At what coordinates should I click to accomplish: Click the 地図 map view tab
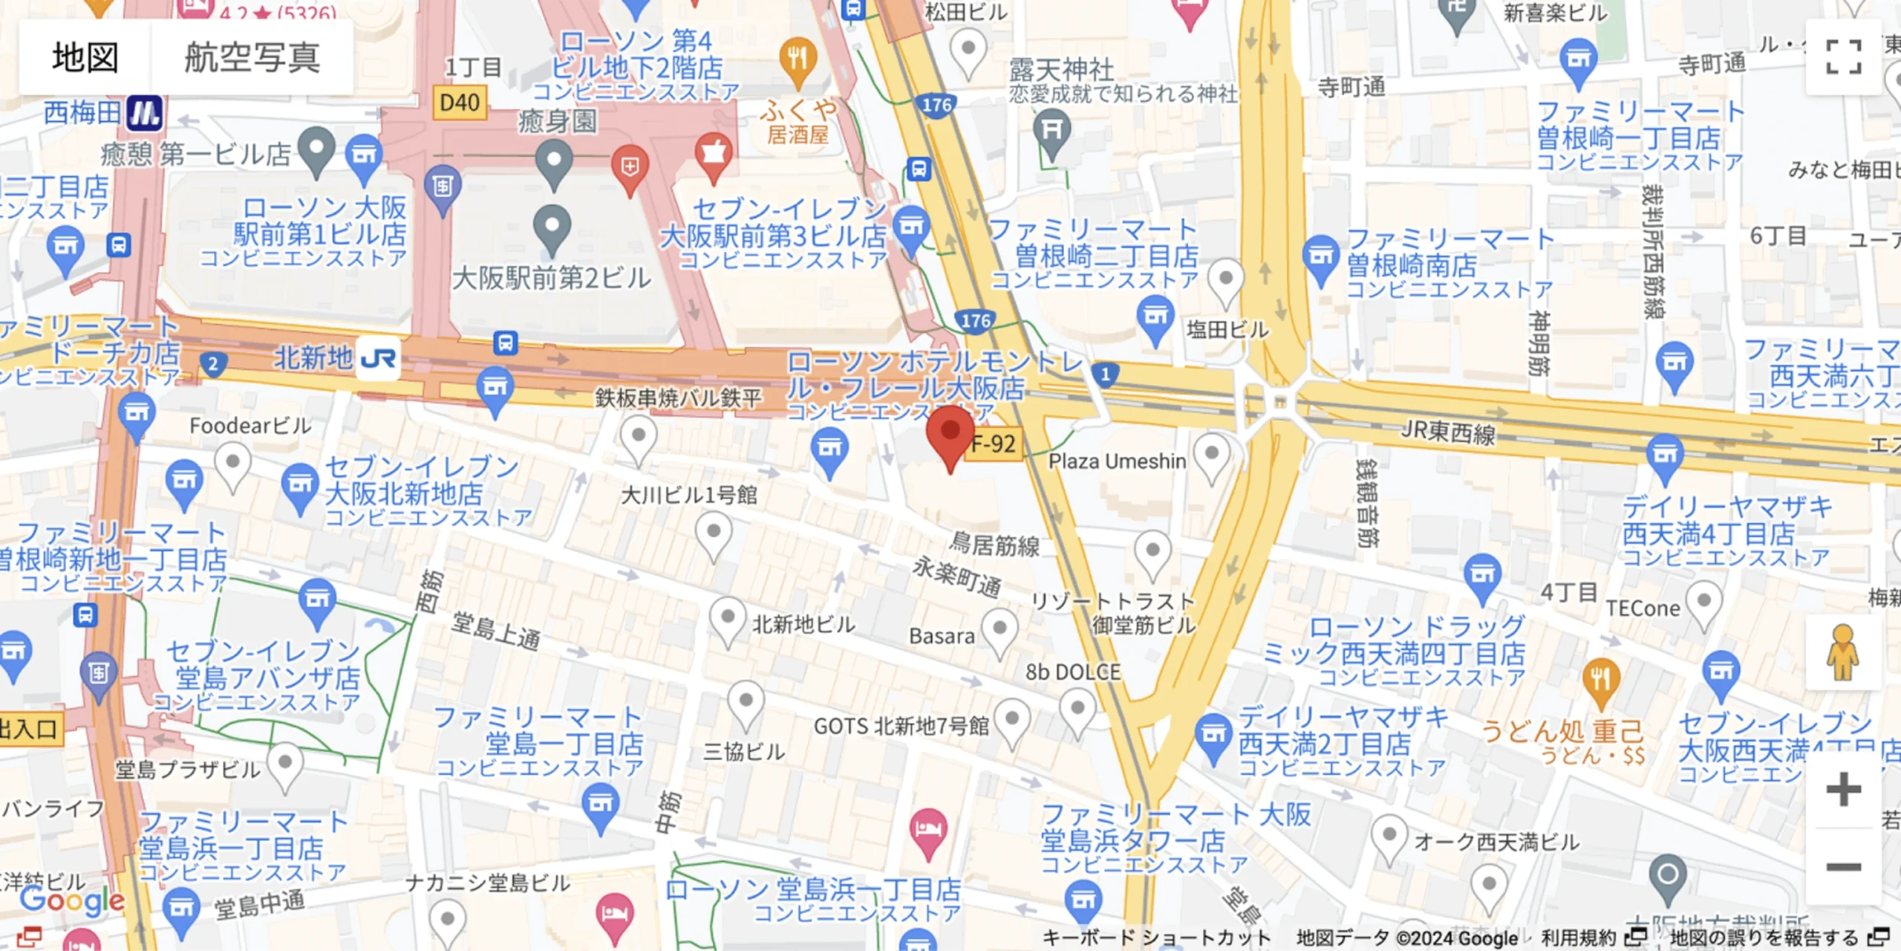(85, 57)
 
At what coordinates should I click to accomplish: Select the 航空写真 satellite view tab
(252, 57)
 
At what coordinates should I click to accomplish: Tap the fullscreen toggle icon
(1843, 57)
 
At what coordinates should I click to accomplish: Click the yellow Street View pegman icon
(1842, 652)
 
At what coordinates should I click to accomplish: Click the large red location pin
(950, 435)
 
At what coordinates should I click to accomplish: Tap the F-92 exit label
(994, 444)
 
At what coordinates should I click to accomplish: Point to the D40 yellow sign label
(460, 103)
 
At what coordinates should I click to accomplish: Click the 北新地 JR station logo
(378, 359)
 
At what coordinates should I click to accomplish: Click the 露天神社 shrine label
(1061, 71)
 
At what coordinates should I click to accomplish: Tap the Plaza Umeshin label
(1117, 461)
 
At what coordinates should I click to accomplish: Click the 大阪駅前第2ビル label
(551, 279)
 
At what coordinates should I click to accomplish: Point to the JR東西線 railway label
(1447, 432)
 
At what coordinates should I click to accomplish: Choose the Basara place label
(942, 637)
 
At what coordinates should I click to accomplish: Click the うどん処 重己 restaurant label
(1562, 731)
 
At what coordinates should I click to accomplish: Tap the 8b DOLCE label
(1073, 672)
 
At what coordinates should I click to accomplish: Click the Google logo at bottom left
(72, 900)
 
